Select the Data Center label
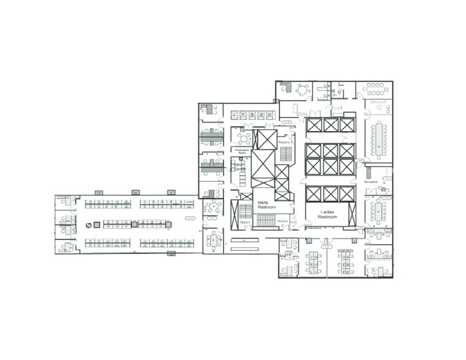(238, 165)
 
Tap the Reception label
(372, 182)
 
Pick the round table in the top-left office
(302, 91)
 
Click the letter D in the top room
(339, 92)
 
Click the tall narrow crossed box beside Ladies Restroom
(351, 214)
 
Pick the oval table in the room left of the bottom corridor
(213, 241)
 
